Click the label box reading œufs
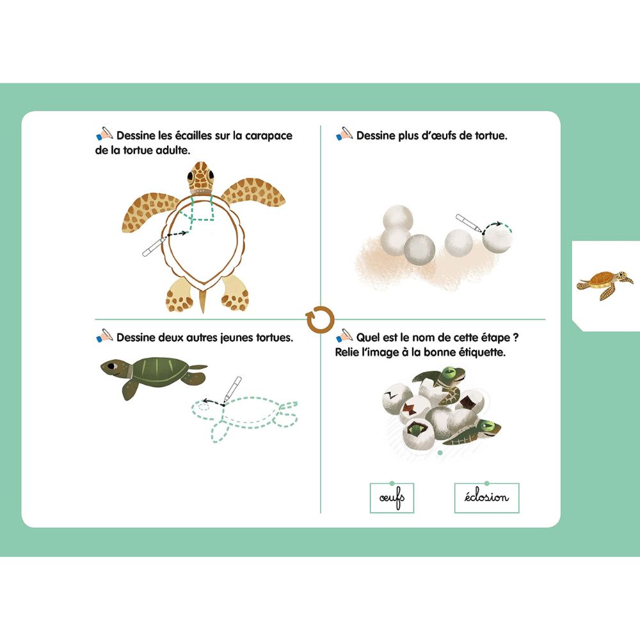coord(392,498)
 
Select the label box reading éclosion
coord(486,498)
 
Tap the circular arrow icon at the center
coord(320,319)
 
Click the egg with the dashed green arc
coord(497,238)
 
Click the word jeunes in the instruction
coord(223,337)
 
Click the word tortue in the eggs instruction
coord(489,136)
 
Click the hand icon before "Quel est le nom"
coord(344,335)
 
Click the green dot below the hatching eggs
coord(439,453)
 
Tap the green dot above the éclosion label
coord(486,483)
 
